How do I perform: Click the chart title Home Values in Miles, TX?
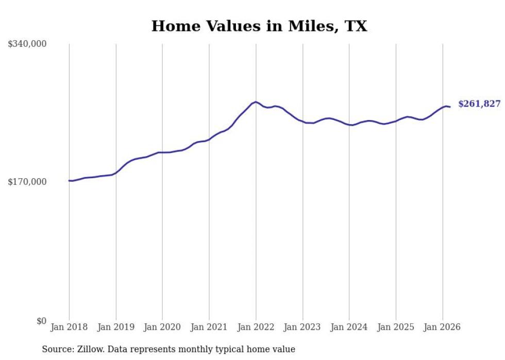(x=259, y=26)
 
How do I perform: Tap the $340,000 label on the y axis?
(x=27, y=44)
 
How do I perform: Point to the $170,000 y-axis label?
(x=27, y=182)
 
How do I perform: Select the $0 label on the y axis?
(x=42, y=321)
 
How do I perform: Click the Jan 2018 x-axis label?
(x=69, y=327)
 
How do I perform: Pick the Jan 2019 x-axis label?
(x=116, y=327)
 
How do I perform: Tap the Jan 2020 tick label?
(x=162, y=327)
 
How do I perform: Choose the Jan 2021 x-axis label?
(x=209, y=327)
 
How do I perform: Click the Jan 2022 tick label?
(x=256, y=327)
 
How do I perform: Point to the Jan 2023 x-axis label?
(x=302, y=327)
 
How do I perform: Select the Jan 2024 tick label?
(x=349, y=327)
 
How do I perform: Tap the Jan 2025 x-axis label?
(x=396, y=327)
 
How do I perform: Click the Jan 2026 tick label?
(x=442, y=327)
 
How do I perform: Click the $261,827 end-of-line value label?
(x=479, y=104)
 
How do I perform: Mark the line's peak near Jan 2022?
(x=256, y=102)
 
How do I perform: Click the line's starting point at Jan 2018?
(x=69, y=181)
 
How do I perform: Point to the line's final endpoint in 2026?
(x=450, y=107)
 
